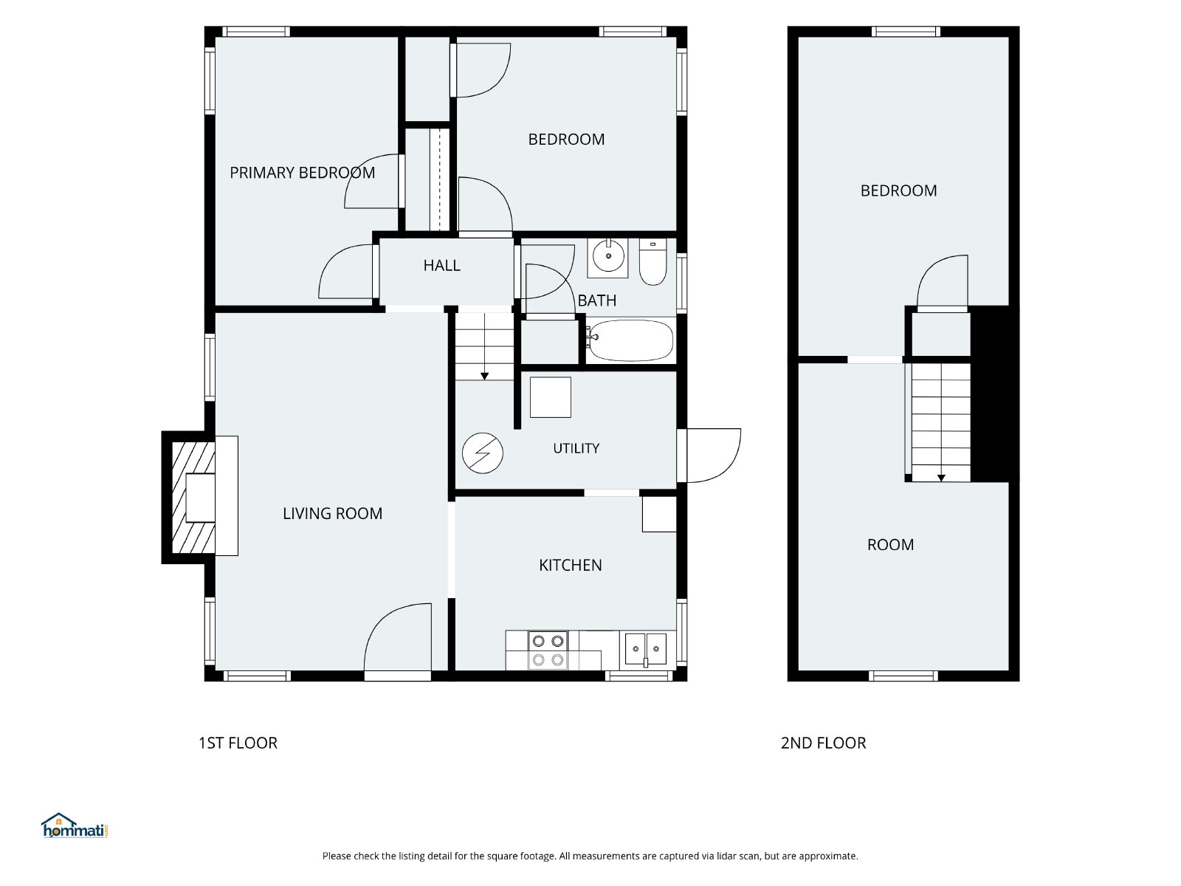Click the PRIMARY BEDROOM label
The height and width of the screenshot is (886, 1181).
[x=302, y=173]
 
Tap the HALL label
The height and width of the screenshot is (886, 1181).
[x=441, y=265]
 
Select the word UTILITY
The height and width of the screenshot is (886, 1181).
[x=576, y=448]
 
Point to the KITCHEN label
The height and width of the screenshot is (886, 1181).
[x=571, y=565]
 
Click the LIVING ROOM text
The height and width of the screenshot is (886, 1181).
[x=332, y=513]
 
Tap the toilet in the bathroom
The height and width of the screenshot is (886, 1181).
[x=653, y=262]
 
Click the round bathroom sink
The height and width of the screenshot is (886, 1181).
[x=608, y=256]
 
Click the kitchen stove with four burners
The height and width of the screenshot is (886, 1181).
[x=548, y=650]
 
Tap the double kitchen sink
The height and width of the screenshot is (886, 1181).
[x=646, y=649]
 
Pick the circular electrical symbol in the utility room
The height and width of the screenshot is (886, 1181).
[x=483, y=453]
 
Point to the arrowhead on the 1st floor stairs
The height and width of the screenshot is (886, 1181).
[x=484, y=377]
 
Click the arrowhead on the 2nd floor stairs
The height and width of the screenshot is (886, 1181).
[x=941, y=478]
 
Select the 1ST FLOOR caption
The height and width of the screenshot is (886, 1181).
[x=238, y=743]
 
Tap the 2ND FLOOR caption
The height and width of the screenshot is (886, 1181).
[x=823, y=743]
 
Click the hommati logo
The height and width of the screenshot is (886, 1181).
[x=75, y=825]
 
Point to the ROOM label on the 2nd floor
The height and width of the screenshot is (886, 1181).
[x=890, y=544]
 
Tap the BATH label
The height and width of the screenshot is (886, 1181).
[x=596, y=301]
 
